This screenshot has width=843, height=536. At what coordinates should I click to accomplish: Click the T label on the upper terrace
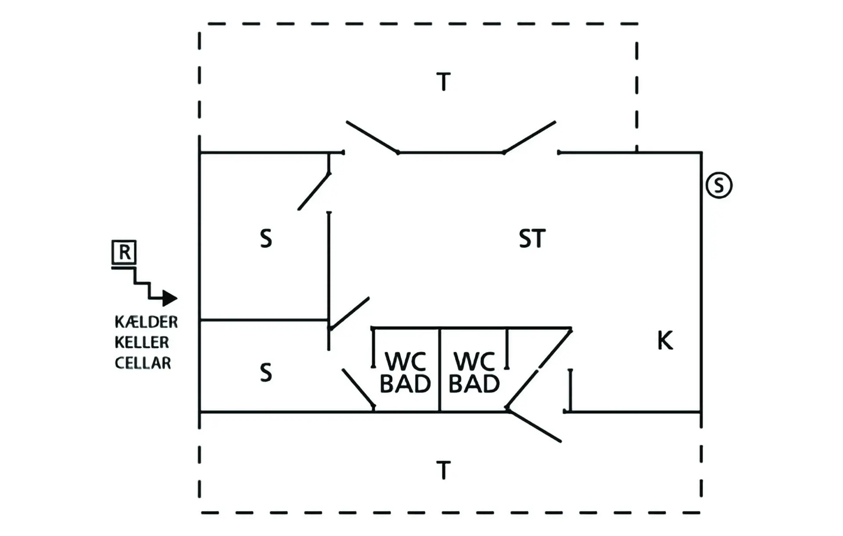click(x=443, y=82)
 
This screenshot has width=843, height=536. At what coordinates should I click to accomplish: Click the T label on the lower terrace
click(x=443, y=470)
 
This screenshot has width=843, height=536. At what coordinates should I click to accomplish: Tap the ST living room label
click(x=532, y=239)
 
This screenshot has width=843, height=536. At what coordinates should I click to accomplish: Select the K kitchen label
click(x=665, y=340)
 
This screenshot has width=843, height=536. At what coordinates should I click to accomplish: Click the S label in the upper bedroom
click(x=266, y=239)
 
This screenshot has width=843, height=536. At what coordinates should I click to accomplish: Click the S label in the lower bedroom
click(x=266, y=373)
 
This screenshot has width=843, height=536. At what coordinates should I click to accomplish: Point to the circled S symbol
click(x=719, y=185)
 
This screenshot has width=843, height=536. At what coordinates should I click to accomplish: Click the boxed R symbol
click(x=124, y=252)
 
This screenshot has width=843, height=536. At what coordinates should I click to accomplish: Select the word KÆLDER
click(x=146, y=322)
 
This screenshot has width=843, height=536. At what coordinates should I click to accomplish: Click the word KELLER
click(x=142, y=343)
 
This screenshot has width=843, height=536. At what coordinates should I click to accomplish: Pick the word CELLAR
click(x=143, y=363)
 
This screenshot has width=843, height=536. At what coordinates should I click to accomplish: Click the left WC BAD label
click(x=405, y=373)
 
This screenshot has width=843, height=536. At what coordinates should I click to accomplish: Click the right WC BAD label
click(x=474, y=373)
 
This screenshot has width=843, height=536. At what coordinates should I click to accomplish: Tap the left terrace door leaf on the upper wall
click(x=372, y=137)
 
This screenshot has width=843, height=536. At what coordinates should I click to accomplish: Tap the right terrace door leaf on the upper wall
click(x=530, y=137)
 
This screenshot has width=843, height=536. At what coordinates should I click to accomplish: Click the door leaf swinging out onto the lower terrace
click(x=534, y=425)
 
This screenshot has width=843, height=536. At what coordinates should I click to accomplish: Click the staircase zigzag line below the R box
click(x=142, y=283)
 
